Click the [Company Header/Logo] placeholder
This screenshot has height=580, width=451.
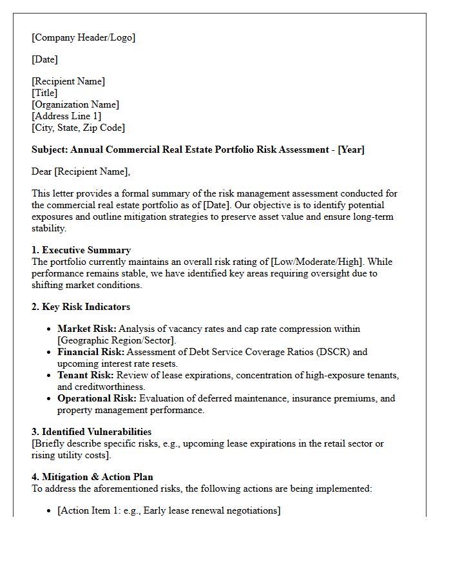click(83, 37)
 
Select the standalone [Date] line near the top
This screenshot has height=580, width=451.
click(44, 59)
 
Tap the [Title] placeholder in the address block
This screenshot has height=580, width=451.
click(44, 93)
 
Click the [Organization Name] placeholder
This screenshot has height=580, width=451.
click(75, 104)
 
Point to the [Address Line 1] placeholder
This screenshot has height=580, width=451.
click(66, 116)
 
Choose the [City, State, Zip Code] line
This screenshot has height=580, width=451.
click(78, 128)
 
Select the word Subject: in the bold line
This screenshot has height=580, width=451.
click(50, 150)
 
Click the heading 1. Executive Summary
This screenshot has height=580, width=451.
click(81, 250)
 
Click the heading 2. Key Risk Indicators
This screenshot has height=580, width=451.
click(81, 307)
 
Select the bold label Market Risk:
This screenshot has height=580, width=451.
click(87, 329)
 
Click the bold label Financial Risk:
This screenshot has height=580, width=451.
click(91, 352)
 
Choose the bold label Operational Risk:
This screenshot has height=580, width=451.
click(97, 398)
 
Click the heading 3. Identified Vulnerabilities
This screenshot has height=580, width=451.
click(91, 432)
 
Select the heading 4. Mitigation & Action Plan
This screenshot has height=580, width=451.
click(92, 477)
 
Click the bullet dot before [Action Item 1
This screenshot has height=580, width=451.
click(50, 511)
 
